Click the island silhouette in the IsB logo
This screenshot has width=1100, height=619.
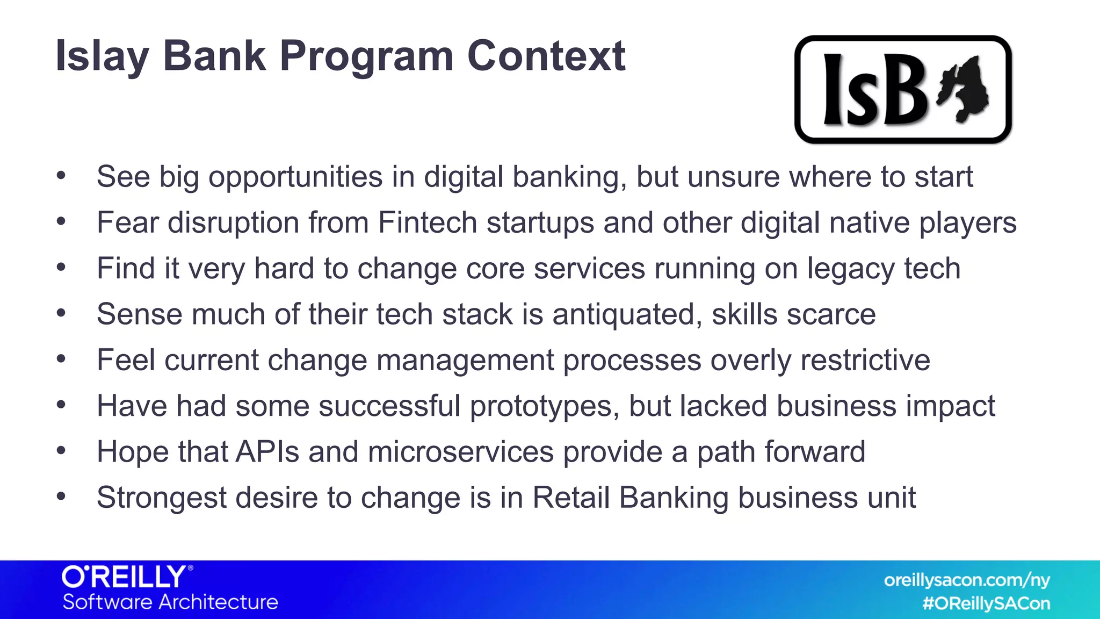pyautogui.click(x=964, y=89)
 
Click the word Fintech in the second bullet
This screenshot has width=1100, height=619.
pyautogui.click(x=428, y=222)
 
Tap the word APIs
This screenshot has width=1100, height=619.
pyautogui.click(x=267, y=451)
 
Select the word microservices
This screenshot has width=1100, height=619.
pyautogui.click(x=460, y=451)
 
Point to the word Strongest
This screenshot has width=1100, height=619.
pyautogui.click(x=161, y=498)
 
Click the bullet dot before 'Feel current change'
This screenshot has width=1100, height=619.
pyautogui.click(x=61, y=359)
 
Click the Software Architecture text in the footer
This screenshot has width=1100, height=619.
pyautogui.click(x=170, y=602)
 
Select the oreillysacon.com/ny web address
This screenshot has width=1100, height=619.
pyautogui.click(x=966, y=580)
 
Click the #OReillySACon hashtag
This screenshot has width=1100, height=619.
pyautogui.click(x=986, y=603)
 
